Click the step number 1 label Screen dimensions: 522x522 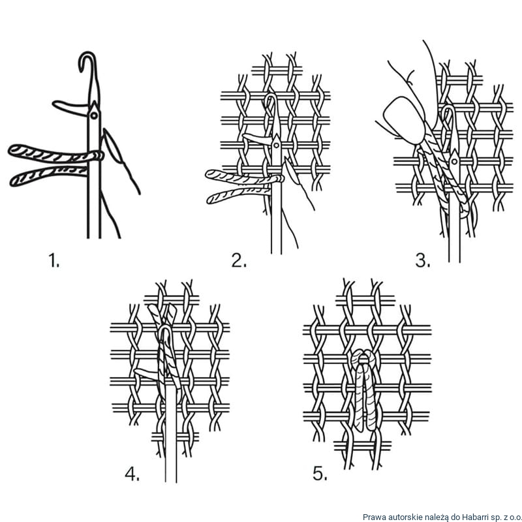tap(54, 260)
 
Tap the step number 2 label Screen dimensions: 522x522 tap(239, 260)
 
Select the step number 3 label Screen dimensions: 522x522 tap(423, 260)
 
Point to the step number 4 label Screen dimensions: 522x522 tap(132, 474)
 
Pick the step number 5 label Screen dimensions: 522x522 tap(320, 474)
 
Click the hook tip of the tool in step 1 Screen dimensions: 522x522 tap(80, 69)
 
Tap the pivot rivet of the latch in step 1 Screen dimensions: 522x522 tap(94, 115)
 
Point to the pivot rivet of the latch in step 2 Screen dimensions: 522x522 tap(276, 145)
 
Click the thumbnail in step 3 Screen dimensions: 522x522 tap(404, 120)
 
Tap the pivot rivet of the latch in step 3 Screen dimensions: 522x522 tap(454, 162)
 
